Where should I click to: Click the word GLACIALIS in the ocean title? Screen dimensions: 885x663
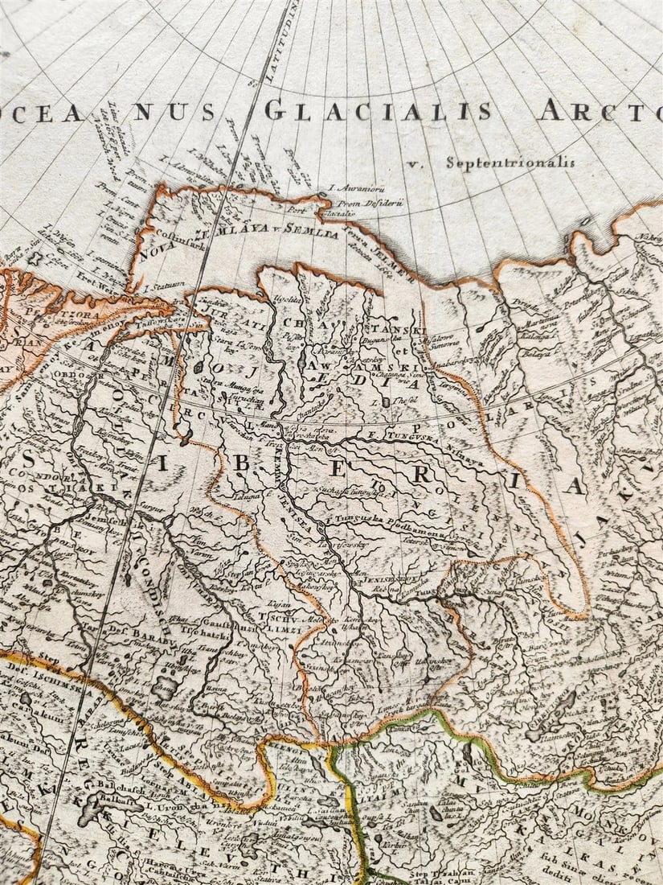click(378, 110)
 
